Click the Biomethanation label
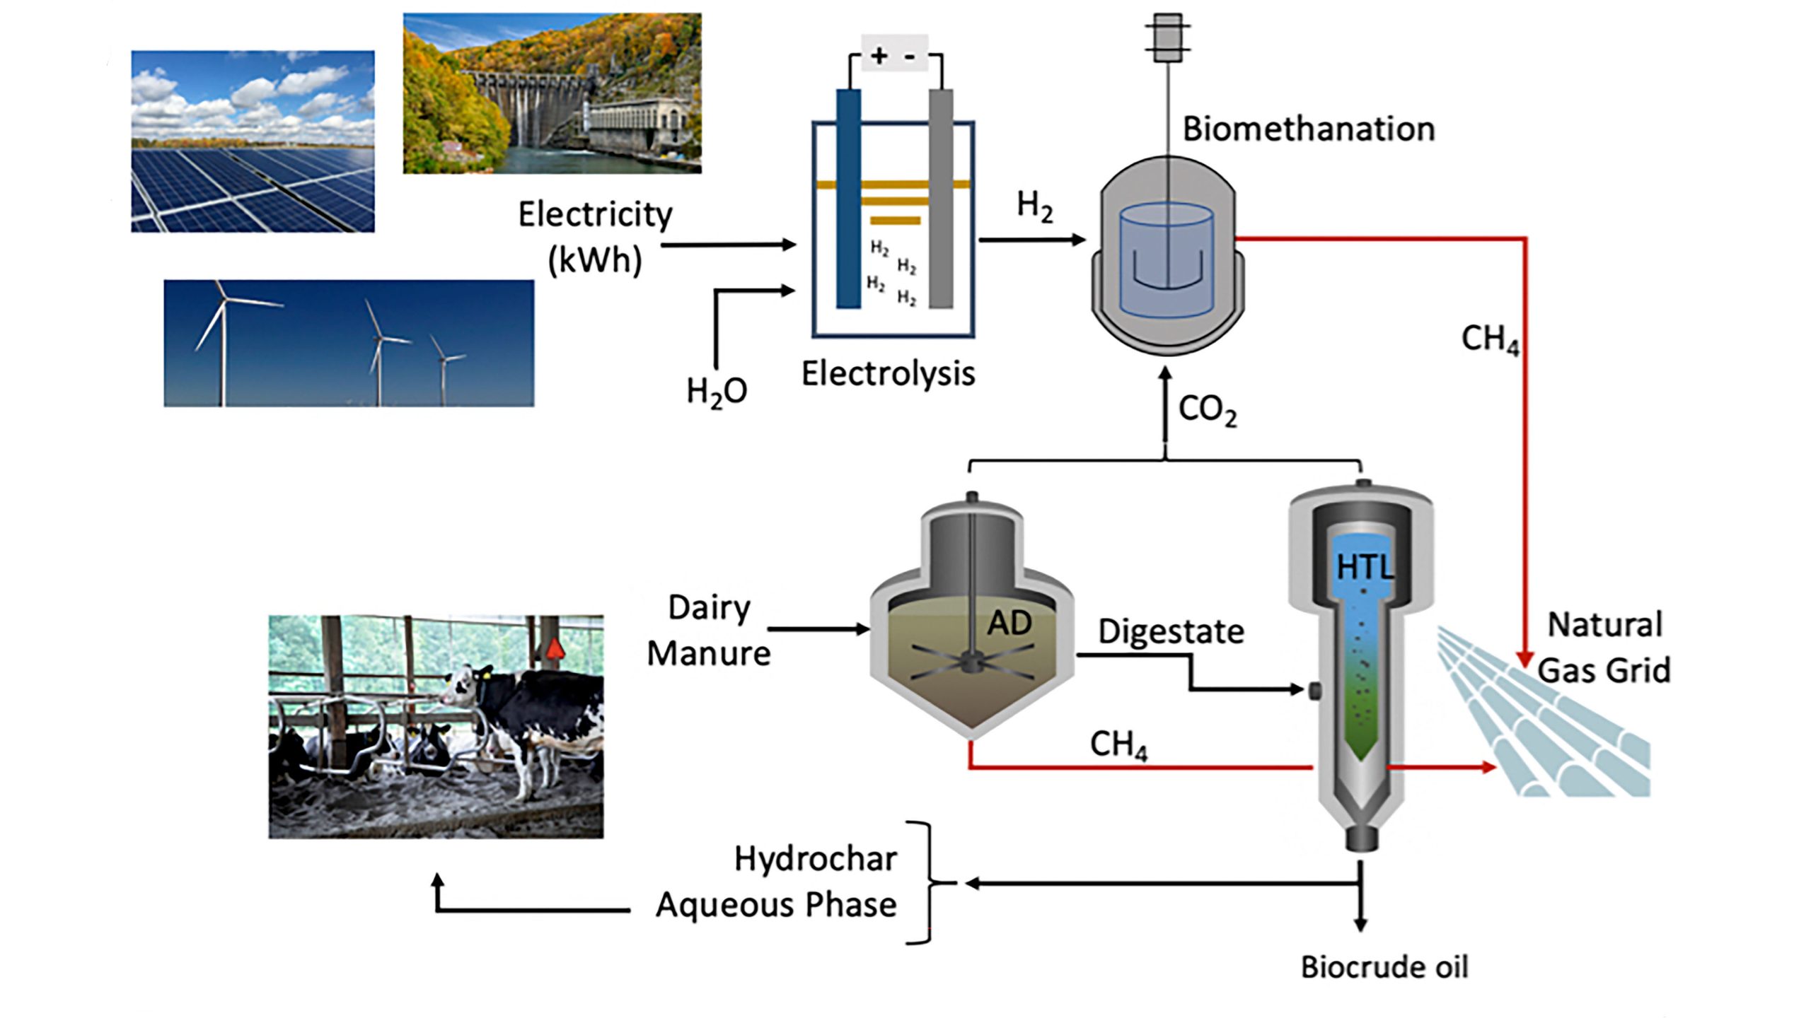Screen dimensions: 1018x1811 tap(1309, 129)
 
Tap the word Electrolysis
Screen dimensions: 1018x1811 tap(888, 374)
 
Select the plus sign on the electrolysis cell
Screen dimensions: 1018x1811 tap(879, 55)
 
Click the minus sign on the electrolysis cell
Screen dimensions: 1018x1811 tap(910, 56)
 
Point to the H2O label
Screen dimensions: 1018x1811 tap(716, 391)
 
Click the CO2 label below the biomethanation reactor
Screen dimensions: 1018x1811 tap(1207, 410)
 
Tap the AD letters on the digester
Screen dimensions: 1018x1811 tap(1009, 623)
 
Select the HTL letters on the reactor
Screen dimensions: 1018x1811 tap(1364, 566)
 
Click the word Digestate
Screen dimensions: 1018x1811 tap(1171, 631)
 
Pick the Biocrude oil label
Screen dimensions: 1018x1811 tap(1384, 967)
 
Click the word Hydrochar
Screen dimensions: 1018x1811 tap(815, 860)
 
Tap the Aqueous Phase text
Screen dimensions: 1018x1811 tap(776, 906)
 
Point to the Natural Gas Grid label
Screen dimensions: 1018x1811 tap(1604, 648)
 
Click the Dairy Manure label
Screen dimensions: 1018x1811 tap(709, 631)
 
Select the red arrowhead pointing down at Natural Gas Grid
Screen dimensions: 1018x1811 tap(1525, 659)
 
